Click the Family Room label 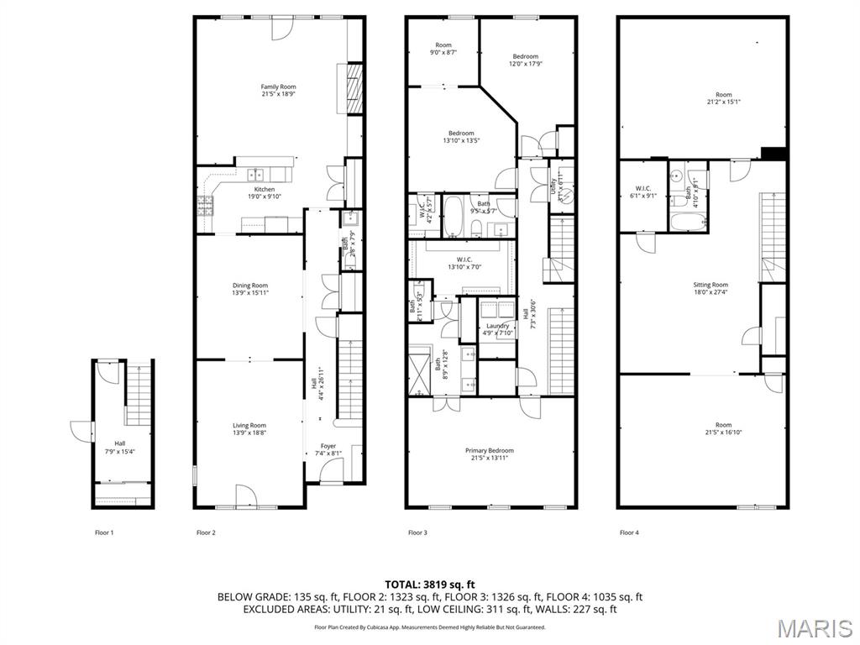tap(278, 87)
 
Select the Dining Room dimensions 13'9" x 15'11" tap(250, 293)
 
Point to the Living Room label tap(249, 426)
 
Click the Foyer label tap(328, 446)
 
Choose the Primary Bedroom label tap(490, 451)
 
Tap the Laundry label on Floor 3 tap(497, 326)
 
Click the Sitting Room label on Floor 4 tap(711, 286)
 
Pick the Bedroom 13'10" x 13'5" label tap(461, 134)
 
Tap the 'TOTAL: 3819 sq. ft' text tap(430, 584)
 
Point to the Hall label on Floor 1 tap(121, 443)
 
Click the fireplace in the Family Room tap(355, 87)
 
